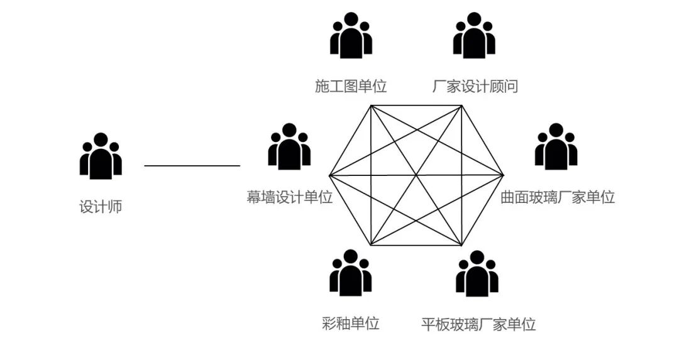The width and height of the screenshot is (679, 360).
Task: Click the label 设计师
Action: click(x=101, y=207)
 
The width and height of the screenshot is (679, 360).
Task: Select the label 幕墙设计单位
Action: click(x=290, y=197)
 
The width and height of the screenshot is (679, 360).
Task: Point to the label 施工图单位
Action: click(x=351, y=87)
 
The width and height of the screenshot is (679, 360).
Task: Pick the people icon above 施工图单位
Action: click(x=351, y=35)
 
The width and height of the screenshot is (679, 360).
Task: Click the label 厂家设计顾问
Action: click(x=475, y=87)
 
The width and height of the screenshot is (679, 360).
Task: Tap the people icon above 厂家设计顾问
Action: click(x=475, y=35)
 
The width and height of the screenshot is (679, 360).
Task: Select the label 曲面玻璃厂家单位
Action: click(x=557, y=197)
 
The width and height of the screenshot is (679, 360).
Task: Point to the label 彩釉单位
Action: click(x=351, y=324)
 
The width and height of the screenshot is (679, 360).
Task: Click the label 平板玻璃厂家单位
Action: click(x=478, y=325)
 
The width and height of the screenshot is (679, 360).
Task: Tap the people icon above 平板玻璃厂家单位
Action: click(x=477, y=273)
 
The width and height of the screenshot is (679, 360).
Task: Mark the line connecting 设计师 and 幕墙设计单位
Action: click(x=192, y=166)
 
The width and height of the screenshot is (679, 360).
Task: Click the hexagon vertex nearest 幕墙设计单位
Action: click(x=329, y=175)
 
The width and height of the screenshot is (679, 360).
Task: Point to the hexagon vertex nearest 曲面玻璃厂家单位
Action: click(x=504, y=175)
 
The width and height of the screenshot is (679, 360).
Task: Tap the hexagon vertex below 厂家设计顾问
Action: click(x=463, y=106)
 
